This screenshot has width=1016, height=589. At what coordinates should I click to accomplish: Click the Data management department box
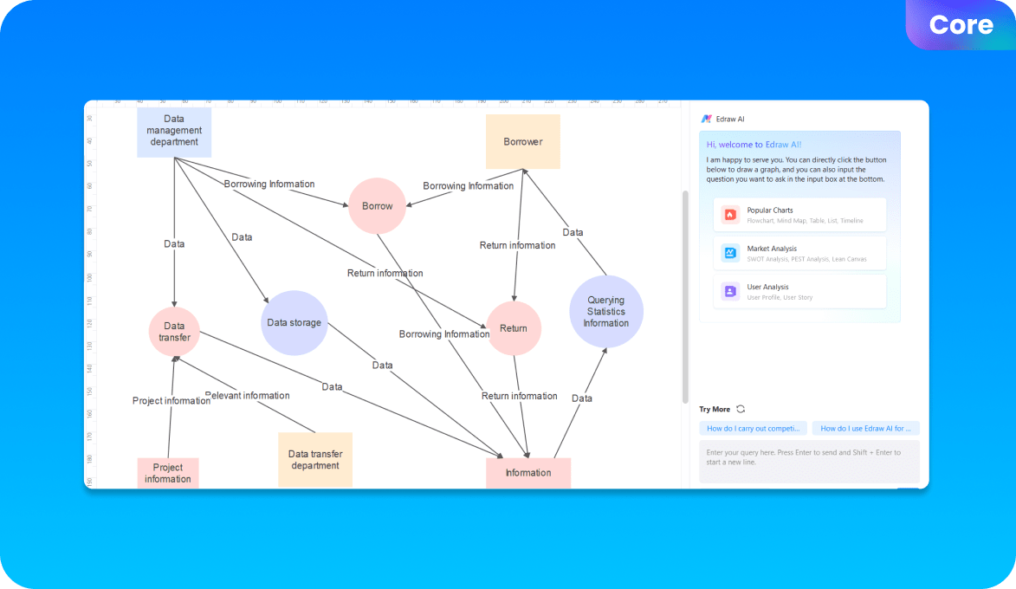[x=174, y=131]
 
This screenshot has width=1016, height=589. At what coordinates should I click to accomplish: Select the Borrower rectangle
[x=522, y=141]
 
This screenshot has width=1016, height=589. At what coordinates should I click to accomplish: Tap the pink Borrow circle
[x=377, y=206]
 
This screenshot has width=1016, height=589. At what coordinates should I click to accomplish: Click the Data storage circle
[x=294, y=323]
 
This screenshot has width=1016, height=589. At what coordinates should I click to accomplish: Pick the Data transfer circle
[x=174, y=332]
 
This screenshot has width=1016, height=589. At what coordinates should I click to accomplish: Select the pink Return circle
[x=514, y=328]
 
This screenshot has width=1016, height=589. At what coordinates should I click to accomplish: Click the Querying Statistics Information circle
[x=605, y=312]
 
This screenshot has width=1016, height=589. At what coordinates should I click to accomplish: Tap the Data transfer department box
[x=315, y=459]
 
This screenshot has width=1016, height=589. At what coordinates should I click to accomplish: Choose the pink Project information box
[x=168, y=473]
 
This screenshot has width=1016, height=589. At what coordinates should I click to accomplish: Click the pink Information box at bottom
[x=528, y=473]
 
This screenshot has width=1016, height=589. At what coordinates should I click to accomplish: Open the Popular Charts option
[x=799, y=215]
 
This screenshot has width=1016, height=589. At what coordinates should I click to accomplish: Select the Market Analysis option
[x=799, y=253]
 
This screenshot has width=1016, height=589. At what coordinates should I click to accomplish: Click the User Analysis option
[x=799, y=291]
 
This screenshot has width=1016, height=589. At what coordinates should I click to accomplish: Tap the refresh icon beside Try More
[x=741, y=409]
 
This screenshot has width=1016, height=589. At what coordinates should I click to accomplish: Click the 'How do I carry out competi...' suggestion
[x=753, y=429]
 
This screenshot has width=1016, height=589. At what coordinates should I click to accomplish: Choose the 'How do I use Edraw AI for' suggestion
[x=865, y=429]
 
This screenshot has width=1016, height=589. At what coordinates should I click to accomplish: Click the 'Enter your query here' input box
[x=809, y=462]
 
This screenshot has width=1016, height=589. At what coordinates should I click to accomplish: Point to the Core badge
[x=961, y=25]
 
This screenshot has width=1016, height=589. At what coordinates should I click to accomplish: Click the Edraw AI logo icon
[x=707, y=119]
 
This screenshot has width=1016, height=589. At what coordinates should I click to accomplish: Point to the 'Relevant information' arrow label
[x=247, y=396]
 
